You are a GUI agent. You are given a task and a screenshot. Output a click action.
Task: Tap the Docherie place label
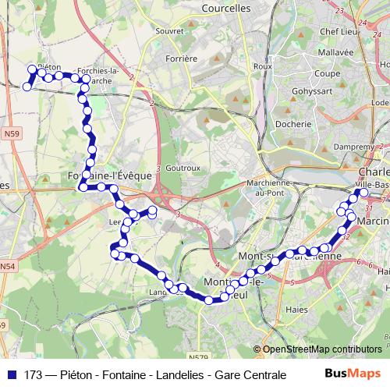[293, 122]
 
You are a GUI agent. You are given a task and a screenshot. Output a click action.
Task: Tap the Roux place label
[262, 67]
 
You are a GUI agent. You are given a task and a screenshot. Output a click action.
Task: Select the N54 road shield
[7, 267]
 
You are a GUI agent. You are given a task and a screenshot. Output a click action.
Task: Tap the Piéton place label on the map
[48, 68]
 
